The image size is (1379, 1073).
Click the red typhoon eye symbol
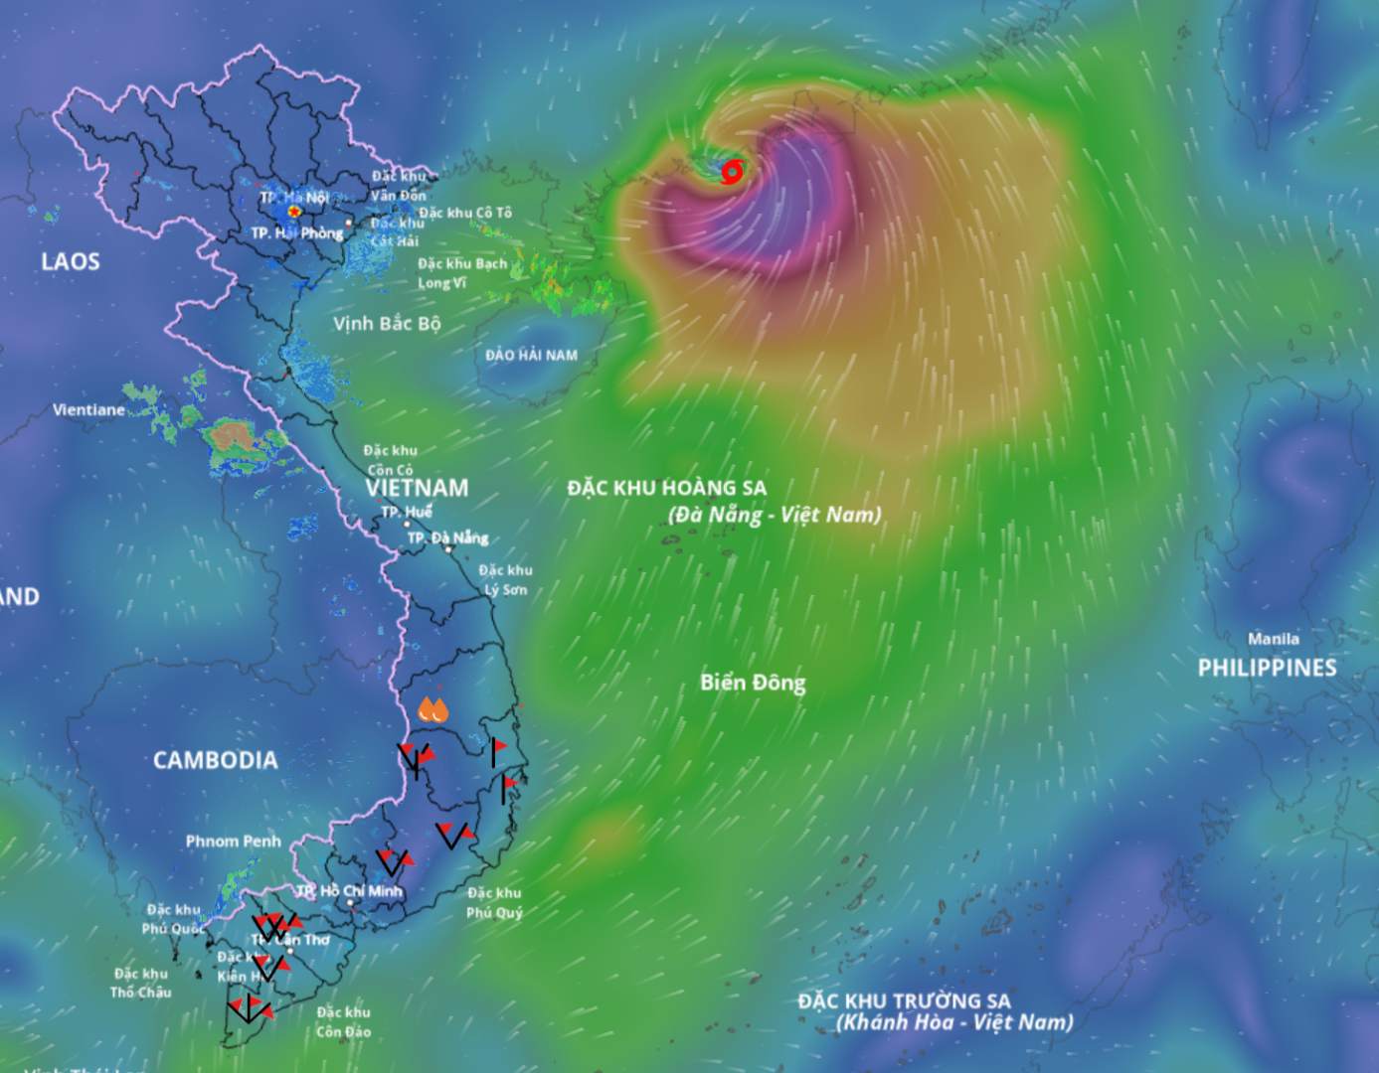pos(732,172)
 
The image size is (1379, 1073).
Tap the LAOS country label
pos(71,261)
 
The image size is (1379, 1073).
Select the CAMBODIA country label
pos(215,760)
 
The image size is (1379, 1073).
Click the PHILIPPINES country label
pos(1267,668)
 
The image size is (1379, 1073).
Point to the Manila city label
pos(1273,639)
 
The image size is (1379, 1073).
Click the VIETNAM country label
pos(417,488)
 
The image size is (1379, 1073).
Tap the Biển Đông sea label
pos(753,683)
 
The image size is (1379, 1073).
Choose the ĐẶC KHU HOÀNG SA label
pos(667,488)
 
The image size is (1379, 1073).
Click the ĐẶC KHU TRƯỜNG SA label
pos(904,1000)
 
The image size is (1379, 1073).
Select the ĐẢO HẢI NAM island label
pos(531,355)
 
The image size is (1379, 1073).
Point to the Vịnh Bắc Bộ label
pos(387,324)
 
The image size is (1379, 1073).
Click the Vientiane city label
pos(88,409)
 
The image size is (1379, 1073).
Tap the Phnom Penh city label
pos(233,842)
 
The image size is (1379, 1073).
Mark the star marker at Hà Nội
pos(294,212)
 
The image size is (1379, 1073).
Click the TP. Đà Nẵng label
pos(447,537)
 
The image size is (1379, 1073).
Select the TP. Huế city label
pos(407,513)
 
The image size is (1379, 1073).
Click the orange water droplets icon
pos(432,709)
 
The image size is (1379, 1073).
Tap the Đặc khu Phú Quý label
pos(494,902)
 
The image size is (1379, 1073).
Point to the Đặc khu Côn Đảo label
pos(343,1021)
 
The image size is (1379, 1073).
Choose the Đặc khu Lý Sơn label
pos(505,579)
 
